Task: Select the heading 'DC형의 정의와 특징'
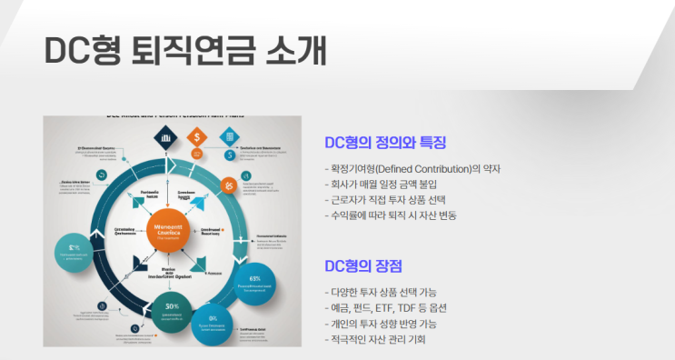click(x=385, y=143)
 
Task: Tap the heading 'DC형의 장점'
click(x=362, y=265)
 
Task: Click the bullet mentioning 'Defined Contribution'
click(x=412, y=168)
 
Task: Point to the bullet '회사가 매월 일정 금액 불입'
click(x=392, y=184)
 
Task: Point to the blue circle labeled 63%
click(x=255, y=285)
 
